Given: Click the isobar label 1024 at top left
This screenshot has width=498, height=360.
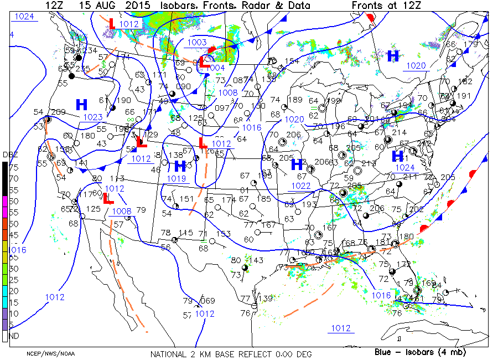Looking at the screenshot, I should point(24,17).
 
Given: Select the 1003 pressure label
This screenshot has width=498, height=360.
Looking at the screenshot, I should point(198,43).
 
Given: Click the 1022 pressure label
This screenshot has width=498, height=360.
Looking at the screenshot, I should point(300,186).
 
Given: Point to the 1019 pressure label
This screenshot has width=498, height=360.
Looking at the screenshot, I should point(177,178).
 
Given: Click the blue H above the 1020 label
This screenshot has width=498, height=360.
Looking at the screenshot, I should point(393,55).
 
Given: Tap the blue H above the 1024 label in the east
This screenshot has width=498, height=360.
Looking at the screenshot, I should point(397,156).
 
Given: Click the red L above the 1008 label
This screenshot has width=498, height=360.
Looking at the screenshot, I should point(108,197).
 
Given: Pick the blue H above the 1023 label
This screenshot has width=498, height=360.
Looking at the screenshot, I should point(82,104).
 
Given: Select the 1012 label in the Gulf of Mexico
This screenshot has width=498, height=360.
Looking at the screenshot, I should point(340,328).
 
